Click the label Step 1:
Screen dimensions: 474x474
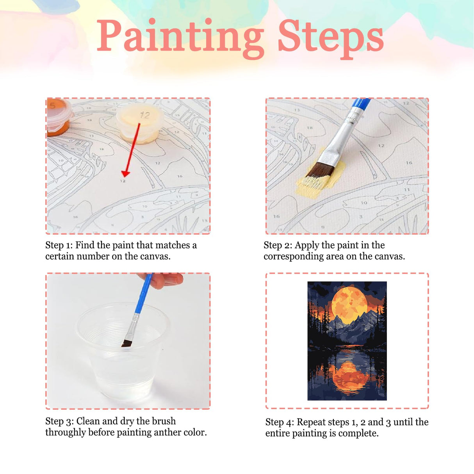[x=59, y=245]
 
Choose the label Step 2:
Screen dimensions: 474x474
[x=278, y=245]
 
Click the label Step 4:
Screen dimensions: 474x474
[x=280, y=422]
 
